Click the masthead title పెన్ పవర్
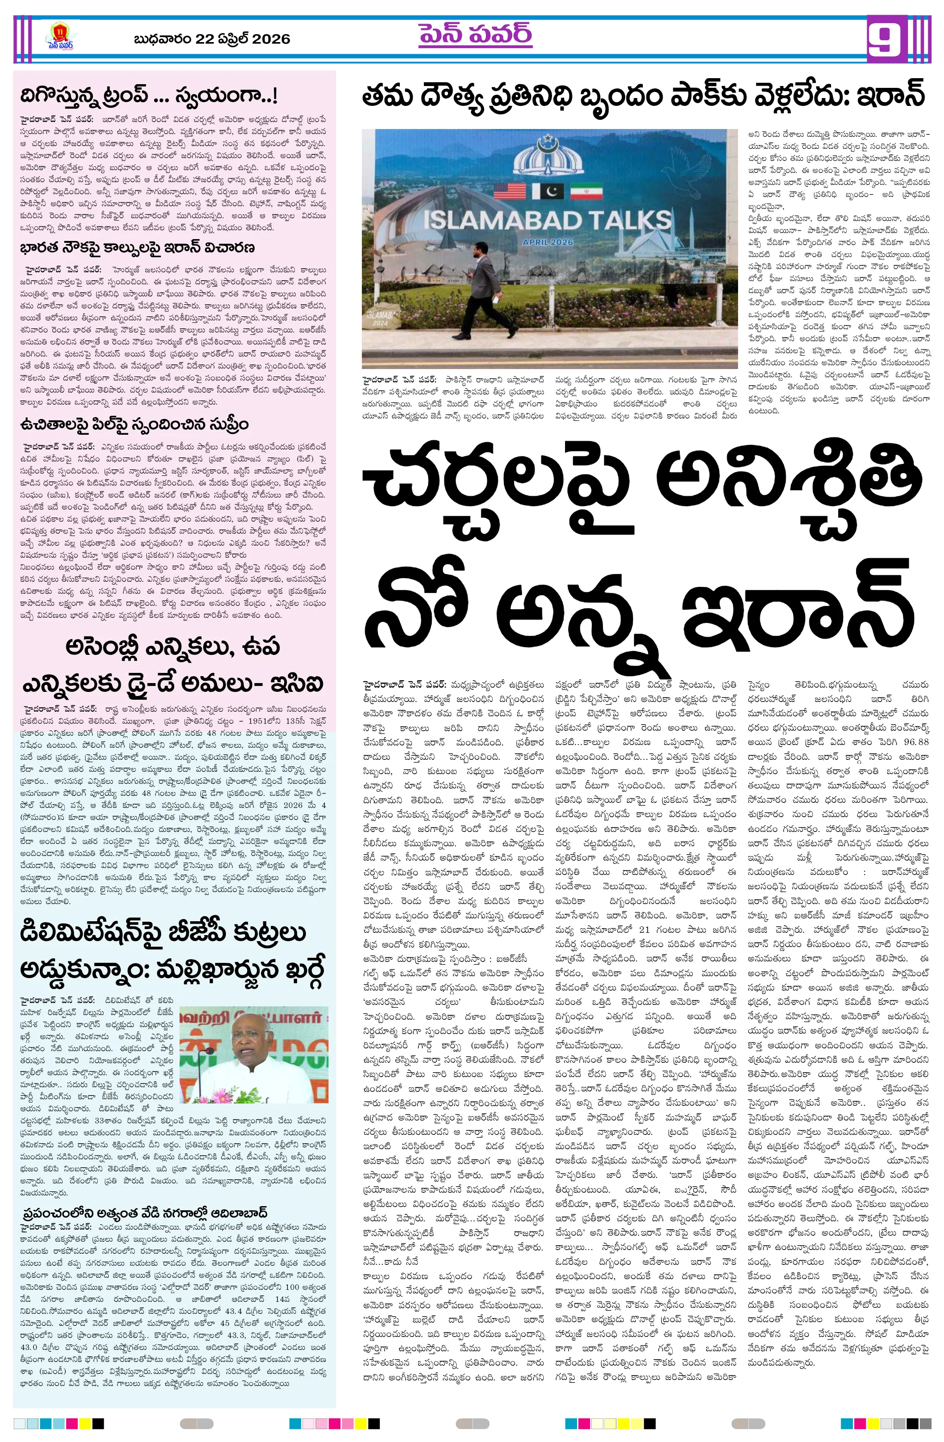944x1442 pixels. pyautogui.click(x=475, y=35)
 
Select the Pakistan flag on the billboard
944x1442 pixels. pyautogui.click(x=548, y=191)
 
